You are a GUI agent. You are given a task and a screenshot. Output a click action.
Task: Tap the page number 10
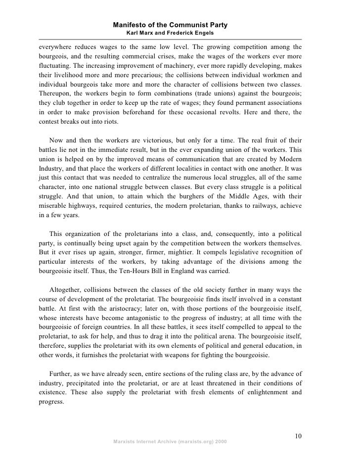click(297, 436)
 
